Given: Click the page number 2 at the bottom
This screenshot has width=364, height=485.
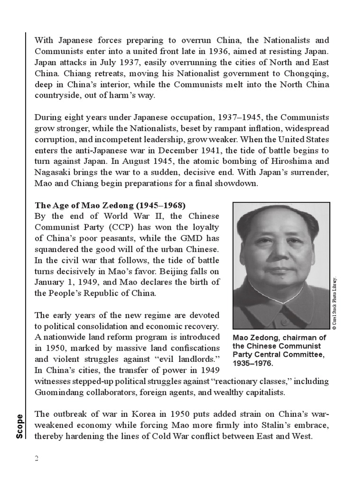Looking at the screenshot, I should [36, 458].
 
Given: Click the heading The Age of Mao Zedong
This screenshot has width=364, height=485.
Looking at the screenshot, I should [110, 206].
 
